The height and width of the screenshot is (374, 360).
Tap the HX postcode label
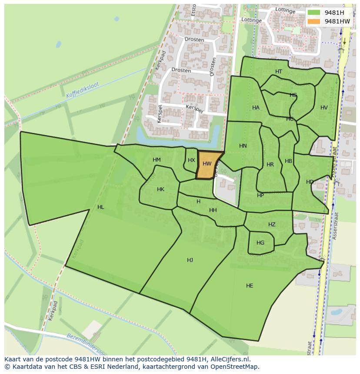191,160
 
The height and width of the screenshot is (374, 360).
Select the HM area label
157,160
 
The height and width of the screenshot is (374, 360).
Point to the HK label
160,189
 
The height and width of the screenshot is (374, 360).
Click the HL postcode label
101,207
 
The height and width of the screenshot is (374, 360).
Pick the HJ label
190,260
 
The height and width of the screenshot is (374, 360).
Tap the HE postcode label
250,286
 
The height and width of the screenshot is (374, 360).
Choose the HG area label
260,243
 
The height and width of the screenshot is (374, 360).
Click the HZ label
272,225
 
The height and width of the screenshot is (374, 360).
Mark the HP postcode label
260,195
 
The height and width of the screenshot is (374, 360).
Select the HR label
270,165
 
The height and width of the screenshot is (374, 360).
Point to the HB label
288,161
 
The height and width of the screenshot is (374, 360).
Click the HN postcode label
243,146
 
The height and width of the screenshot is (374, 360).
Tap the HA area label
256,108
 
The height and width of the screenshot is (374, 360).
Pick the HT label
279,72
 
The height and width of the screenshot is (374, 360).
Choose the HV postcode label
324,108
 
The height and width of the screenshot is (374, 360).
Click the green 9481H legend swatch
313,13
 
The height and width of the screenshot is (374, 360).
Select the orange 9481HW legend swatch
313,21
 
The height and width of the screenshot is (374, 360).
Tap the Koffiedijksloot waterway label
83,90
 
